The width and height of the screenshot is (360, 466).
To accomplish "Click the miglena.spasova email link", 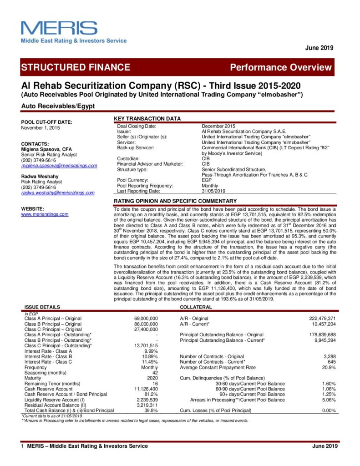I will [59, 166].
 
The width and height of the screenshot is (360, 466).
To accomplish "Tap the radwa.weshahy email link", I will [58, 193].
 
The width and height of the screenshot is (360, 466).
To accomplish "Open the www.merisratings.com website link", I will [45, 214].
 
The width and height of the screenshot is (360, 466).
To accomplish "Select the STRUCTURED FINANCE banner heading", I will [76, 68].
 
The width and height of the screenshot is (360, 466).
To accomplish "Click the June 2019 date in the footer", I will [325, 446].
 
